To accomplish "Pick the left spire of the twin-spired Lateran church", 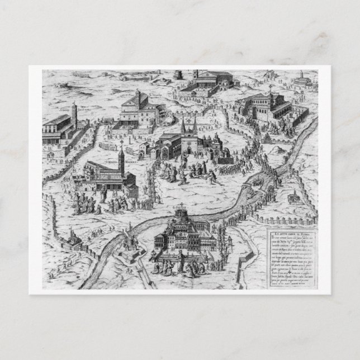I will [x=182, y=126].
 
